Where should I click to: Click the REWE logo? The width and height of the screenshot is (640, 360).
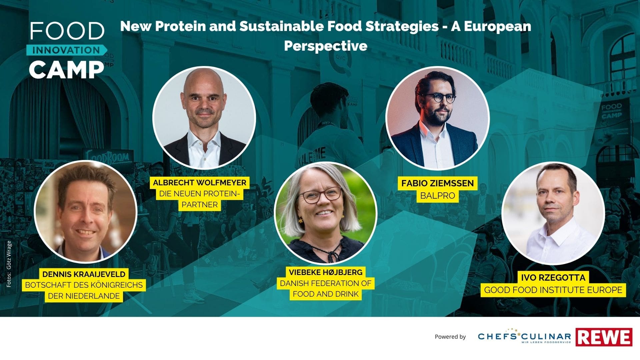(x=604, y=337)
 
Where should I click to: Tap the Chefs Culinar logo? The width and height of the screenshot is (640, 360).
(x=524, y=336)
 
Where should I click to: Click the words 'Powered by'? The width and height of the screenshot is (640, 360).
(x=450, y=337)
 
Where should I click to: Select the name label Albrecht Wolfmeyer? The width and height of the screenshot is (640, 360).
(x=200, y=183)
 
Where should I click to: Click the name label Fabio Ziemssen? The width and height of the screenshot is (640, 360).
(x=437, y=183)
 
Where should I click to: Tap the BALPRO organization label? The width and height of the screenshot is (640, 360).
(x=437, y=196)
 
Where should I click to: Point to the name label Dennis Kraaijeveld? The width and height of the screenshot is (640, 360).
(x=84, y=274)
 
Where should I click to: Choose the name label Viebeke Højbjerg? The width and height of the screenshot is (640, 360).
(x=326, y=272)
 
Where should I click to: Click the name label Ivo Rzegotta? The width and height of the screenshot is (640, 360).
(x=553, y=278)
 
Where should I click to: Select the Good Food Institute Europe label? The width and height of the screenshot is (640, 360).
(x=553, y=290)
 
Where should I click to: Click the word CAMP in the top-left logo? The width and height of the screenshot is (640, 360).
(x=66, y=70)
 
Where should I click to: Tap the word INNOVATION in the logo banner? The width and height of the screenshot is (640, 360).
(x=66, y=50)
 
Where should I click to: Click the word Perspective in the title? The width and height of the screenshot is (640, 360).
(x=326, y=46)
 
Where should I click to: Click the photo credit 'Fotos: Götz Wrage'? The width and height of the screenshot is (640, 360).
(x=9, y=264)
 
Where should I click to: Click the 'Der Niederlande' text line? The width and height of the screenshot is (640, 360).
(x=84, y=296)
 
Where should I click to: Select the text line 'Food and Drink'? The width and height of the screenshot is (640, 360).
(x=326, y=294)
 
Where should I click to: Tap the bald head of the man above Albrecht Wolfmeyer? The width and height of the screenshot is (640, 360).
(x=204, y=82)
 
